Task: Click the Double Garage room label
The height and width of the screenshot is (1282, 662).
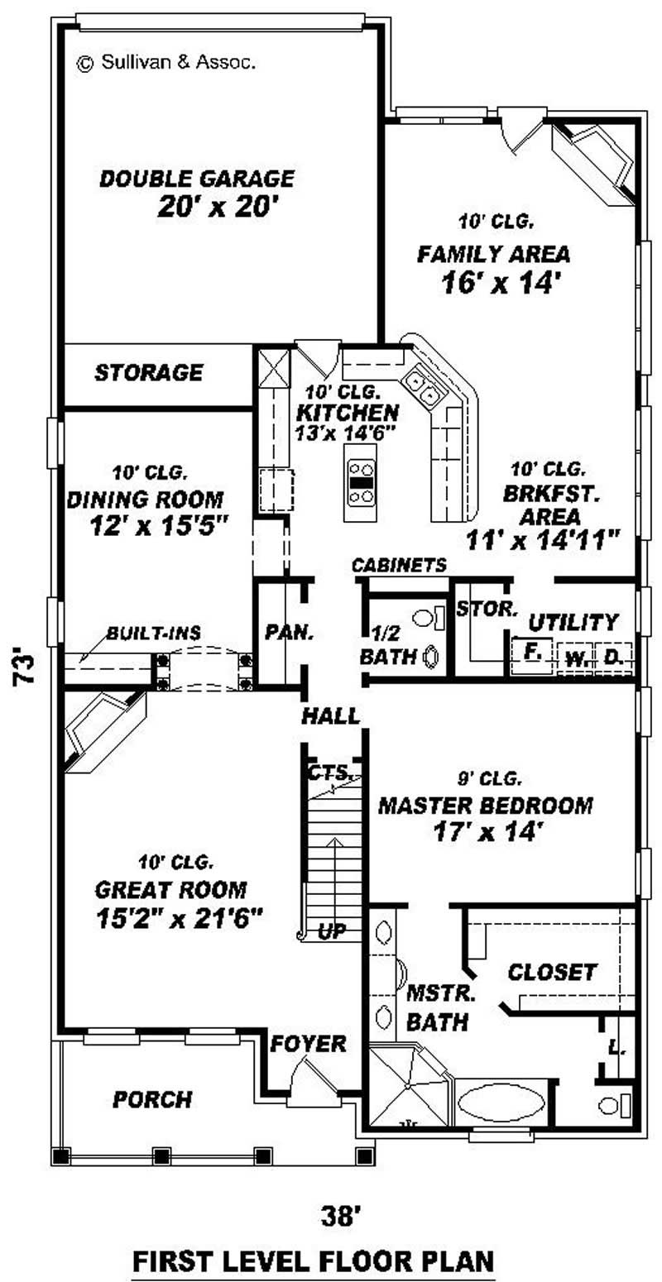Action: click(197, 179)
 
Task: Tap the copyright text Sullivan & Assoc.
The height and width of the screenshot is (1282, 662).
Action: click(166, 62)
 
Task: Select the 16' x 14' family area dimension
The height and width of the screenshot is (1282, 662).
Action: click(496, 283)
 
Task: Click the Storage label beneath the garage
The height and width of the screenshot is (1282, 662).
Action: click(148, 372)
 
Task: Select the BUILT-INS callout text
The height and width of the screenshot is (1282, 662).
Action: click(153, 634)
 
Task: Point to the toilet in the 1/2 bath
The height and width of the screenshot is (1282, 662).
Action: click(425, 618)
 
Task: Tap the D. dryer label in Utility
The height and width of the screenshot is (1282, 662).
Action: click(613, 658)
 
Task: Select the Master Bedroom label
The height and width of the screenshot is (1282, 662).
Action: click(485, 805)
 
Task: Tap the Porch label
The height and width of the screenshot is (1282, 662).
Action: click(152, 1099)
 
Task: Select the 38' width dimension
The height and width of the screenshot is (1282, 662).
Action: click(342, 1216)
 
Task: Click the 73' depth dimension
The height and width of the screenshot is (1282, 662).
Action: click(26, 668)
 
